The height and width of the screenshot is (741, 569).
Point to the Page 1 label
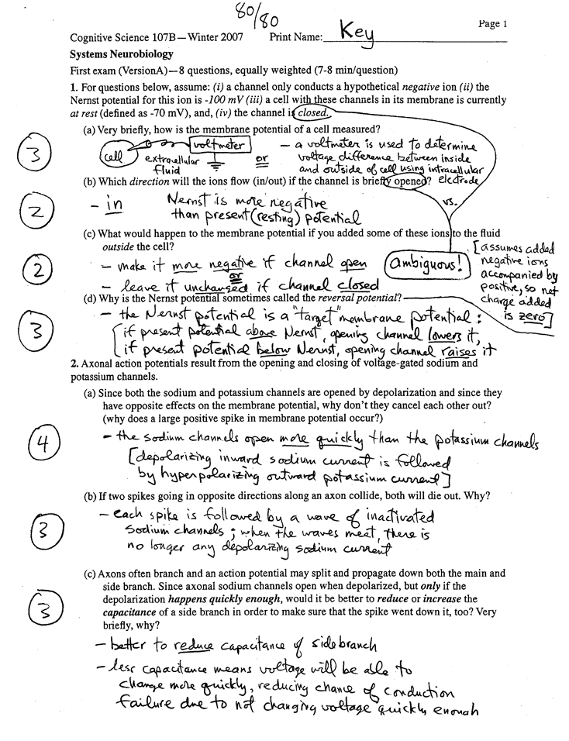coord(492,24)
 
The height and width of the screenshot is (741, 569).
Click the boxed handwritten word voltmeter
coord(220,145)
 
